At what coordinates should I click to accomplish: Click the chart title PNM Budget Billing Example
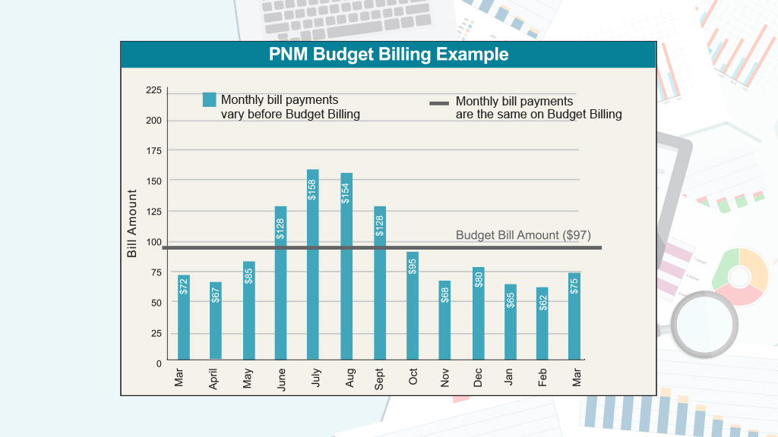388,55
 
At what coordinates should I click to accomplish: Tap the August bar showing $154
346,266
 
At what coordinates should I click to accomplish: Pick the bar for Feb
542,323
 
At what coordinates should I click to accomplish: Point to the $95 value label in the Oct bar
413,266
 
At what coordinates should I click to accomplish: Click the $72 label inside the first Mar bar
183,286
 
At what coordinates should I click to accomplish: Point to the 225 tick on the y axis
153,90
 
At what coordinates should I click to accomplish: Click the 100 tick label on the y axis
153,242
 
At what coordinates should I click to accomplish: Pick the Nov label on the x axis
445,377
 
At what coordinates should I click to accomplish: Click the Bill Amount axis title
132,224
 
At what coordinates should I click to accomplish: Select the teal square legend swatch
210,100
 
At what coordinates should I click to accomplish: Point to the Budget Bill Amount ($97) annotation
523,235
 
